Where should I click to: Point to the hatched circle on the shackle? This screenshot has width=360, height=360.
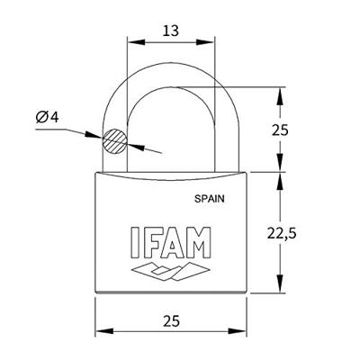coord(114,141)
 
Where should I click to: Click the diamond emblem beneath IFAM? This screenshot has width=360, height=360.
coord(171,269)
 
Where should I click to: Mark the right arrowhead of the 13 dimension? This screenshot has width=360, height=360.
coord(213,40)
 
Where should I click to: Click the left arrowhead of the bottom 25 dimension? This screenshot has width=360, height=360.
coord(100,328)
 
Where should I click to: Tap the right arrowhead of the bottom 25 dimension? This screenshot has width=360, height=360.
coord(243,328)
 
